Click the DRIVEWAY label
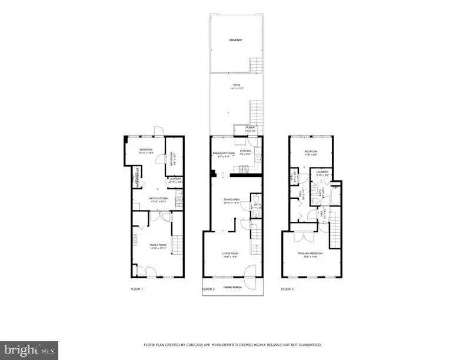236,40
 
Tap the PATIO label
236,86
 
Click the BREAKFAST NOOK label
224,153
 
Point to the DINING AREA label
231,200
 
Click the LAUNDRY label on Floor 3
321,172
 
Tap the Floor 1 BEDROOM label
146,149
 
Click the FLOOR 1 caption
137,289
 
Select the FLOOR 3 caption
287,289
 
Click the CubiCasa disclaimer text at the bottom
233,345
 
